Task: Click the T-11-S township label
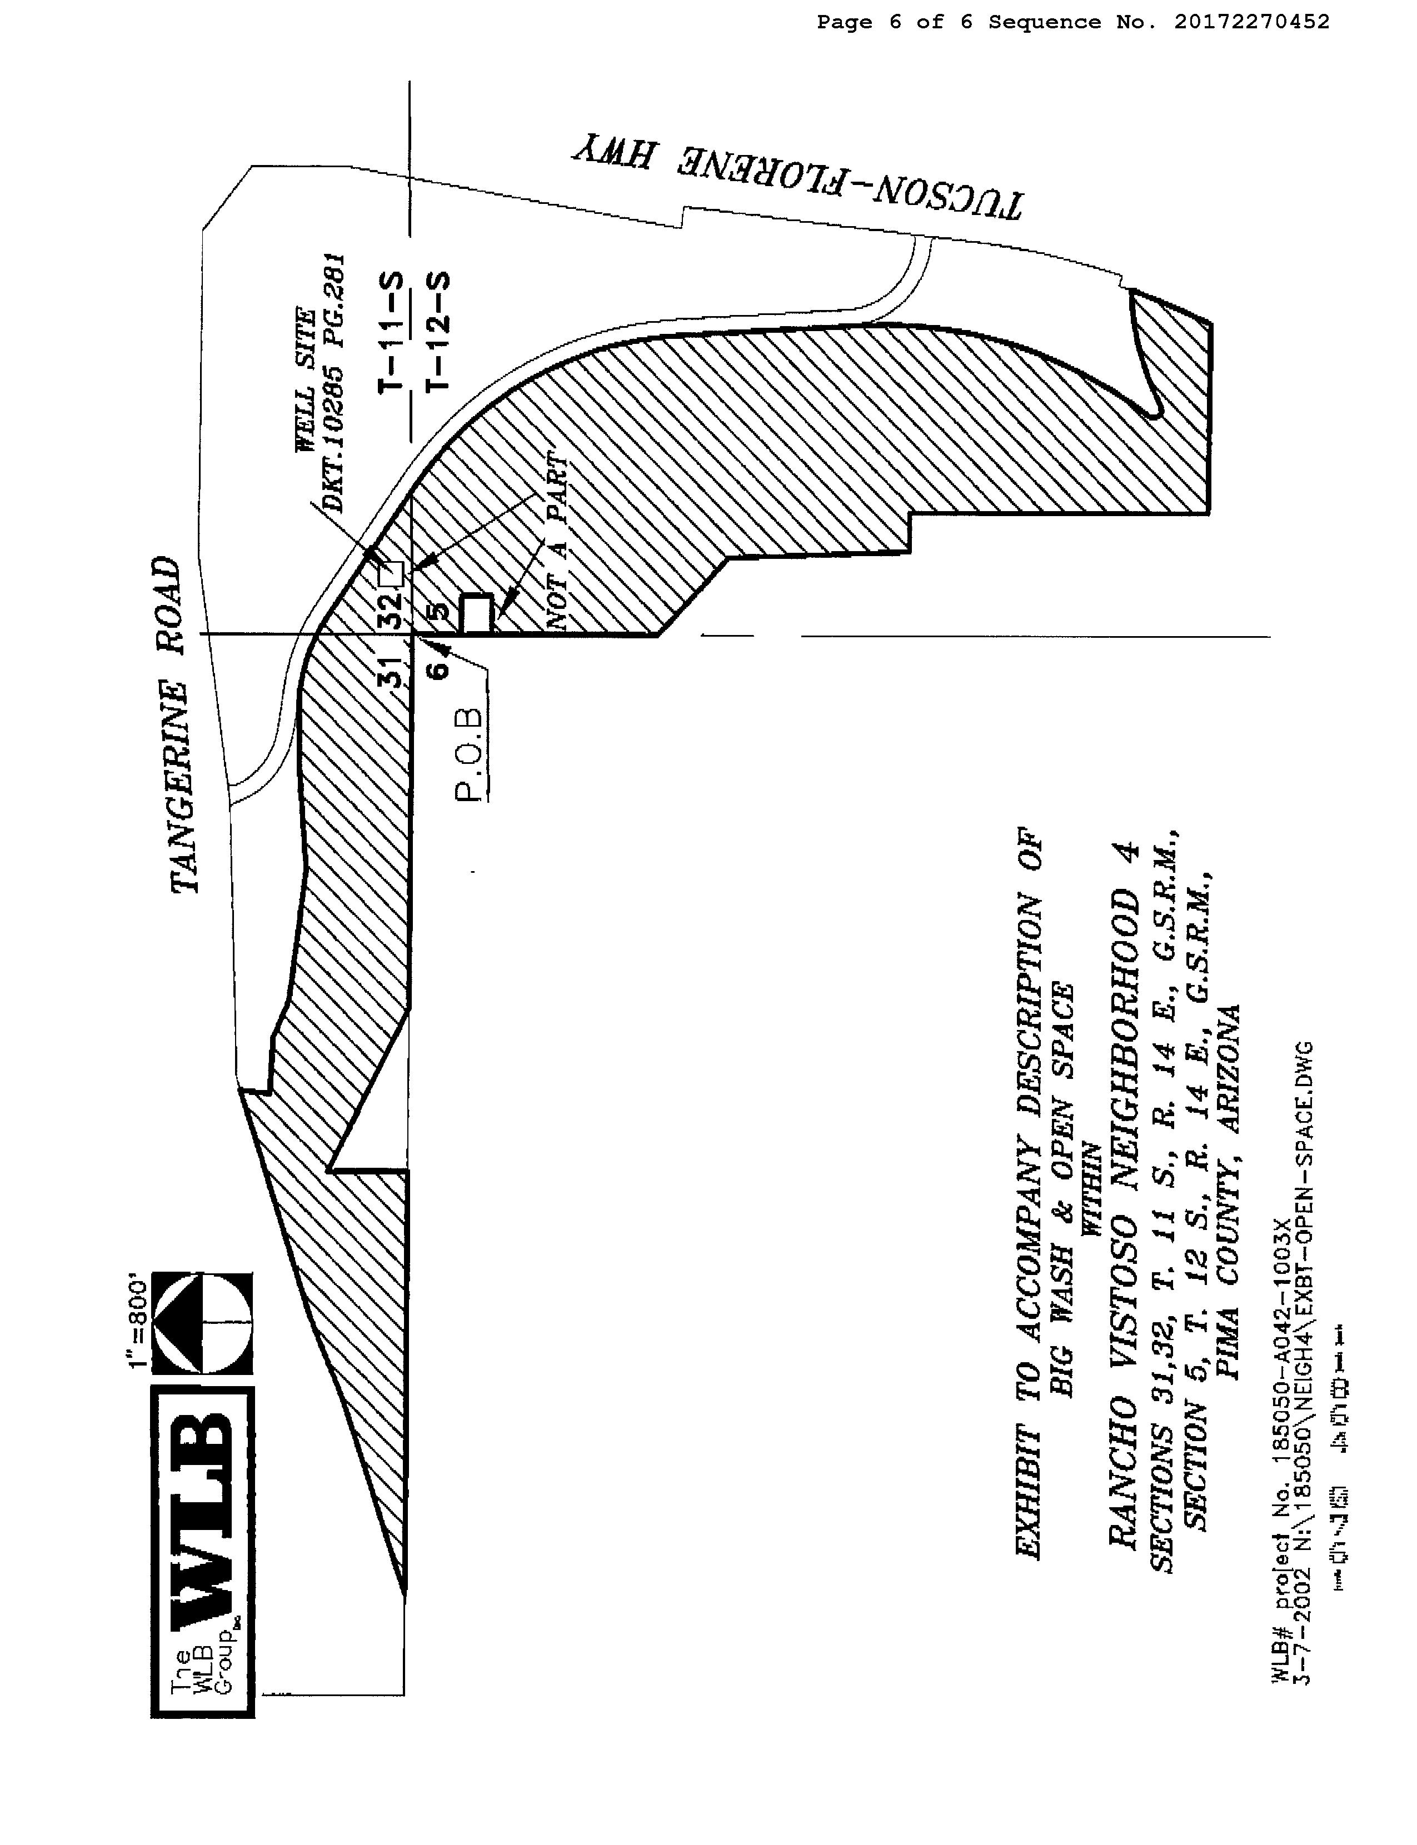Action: coord(392,333)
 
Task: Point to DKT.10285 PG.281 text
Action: coord(335,384)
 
